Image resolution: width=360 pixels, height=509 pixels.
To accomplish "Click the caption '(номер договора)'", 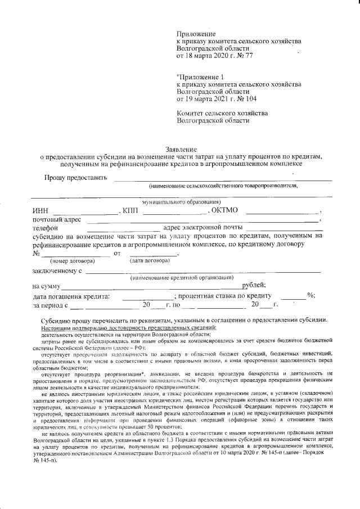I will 71,261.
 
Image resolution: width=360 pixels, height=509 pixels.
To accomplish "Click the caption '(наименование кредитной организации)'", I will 182,278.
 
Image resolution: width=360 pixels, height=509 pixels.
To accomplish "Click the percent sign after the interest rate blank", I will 310,296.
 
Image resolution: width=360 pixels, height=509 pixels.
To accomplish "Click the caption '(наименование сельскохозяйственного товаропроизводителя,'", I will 223,185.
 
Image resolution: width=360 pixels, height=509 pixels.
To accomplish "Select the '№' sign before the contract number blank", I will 37,253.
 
